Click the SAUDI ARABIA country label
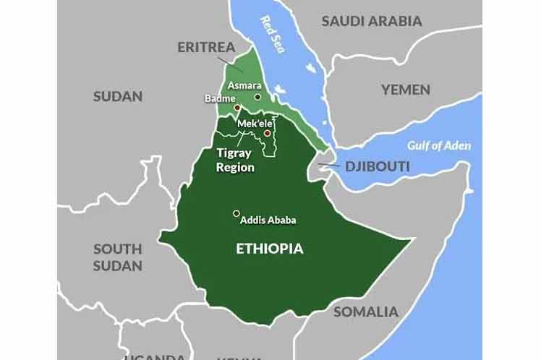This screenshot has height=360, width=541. pyautogui.click(x=372, y=21)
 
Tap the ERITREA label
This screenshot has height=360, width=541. pyautogui.click(x=207, y=48)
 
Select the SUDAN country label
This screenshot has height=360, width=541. pyautogui.click(x=118, y=96)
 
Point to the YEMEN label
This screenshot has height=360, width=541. pyautogui.click(x=406, y=90)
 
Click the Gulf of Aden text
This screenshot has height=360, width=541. pyautogui.click(x=438, y=145)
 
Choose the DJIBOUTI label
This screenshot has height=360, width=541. pyautogui.click(x=377, y=167)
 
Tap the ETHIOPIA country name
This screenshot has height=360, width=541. pyautogui.click(x=270, y=249)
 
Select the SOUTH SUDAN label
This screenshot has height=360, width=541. pyautogui.click(x=117, y=257)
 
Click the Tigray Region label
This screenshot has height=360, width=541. pyautogui.click(x=236, y=160)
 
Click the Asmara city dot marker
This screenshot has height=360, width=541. pyautogui.click(x=257, y=96)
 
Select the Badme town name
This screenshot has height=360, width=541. pyautogui.click(x=219, y=98)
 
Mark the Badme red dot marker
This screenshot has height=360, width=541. pyautogui.click(x=237, y=107)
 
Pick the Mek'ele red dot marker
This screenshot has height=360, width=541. pyautogui.click(x=267, y=133)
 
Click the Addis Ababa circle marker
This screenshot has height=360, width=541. pyautogui.click(x=236, y=213)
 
